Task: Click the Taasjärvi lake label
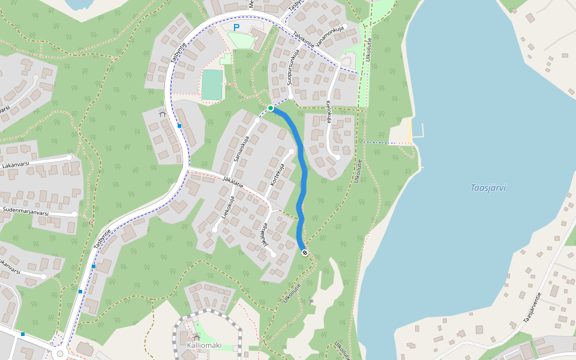pyautogui.click(x=488, y=188)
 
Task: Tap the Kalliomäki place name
pyautogui.click(x=204, y=346)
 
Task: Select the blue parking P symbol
pyautogui.click(x=236, y=28)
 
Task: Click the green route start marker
pyautogui.click(x=271, y=108)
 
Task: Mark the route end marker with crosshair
pyautogui.click(x=305, y=253)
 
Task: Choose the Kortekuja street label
pyautogui.click(x=278, y=174)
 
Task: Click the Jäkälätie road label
pyautogui.click(x=232, y=181)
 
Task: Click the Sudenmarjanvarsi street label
pyautogui.click(x=25, y=211)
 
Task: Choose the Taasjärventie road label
pyautogui.click(x=532, y=308)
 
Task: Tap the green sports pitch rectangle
pyautogui.click(x=212, y=85)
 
